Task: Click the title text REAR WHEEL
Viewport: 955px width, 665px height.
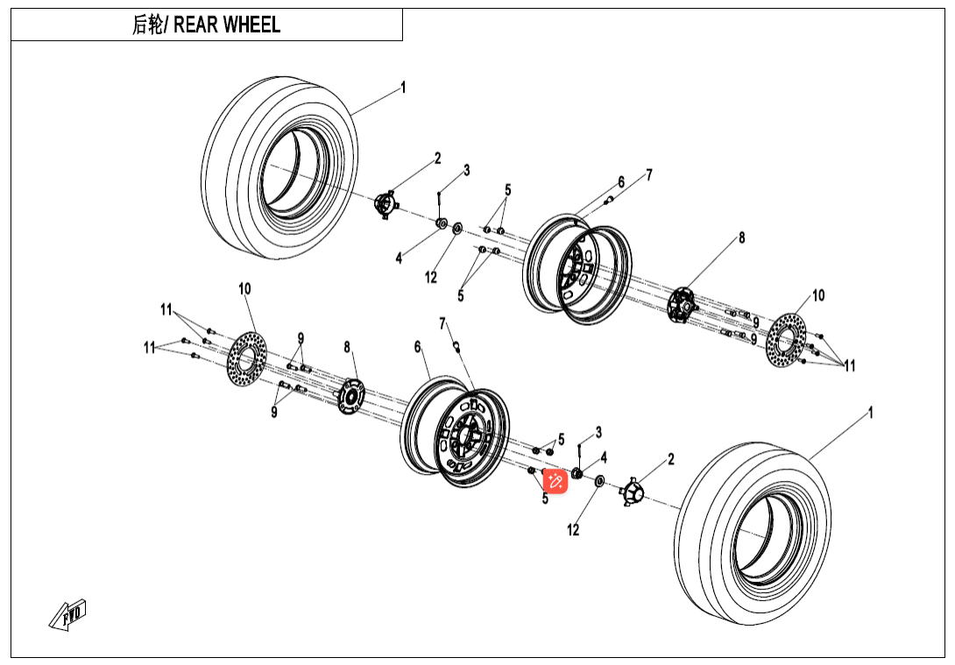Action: tap(227, 25)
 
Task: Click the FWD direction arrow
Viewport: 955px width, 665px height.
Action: tap(68, 614)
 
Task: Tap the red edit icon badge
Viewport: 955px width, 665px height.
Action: tap(555, 480)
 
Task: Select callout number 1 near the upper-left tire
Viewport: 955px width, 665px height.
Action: tap(403, 87)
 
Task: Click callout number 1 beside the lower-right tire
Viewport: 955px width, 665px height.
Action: tap(870, 411)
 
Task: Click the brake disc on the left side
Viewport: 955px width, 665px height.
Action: tap(246, 358)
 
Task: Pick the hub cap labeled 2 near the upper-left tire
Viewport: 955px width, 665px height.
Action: tap(385, 204)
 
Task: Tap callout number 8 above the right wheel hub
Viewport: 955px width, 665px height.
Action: tap(741, 237)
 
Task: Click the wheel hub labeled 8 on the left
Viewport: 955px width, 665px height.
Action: tap(351, 395)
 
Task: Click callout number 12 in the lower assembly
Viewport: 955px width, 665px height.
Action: tap(573, 530)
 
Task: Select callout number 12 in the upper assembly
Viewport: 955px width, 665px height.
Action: tap(431, 278)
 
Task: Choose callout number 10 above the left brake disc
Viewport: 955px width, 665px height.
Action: tap(244, 288)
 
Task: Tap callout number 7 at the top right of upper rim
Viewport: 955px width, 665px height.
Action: tap(649, 174)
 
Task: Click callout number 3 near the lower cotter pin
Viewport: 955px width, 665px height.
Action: tap(598, 432)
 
